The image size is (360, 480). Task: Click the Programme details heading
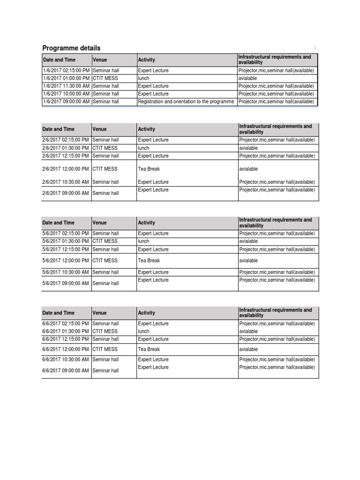click(71, 48)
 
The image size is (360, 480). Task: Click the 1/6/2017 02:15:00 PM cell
click(66, 71)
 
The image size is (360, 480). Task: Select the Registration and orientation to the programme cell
click(186, 102)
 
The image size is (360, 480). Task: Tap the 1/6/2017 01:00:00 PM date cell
click(66, 78)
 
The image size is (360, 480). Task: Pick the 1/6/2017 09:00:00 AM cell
click(66, 102)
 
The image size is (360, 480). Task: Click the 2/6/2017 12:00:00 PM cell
click(66, 169)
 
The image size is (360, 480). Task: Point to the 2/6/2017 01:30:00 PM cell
click(66, 148)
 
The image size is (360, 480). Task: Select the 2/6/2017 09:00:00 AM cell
click(66, 193)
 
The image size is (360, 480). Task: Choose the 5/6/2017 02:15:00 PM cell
click(66, 233)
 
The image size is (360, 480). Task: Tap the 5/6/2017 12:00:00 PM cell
click(66, 261)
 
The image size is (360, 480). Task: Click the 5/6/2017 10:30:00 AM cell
click(66, 272)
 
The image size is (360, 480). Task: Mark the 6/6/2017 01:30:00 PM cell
click(66, 331)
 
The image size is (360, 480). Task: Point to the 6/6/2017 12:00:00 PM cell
click(66, 349)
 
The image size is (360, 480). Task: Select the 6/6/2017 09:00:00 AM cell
click(66, 371)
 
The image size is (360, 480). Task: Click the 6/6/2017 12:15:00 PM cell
click(66, 339)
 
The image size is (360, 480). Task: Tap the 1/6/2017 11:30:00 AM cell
click(66, 86)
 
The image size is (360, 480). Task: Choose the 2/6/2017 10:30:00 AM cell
click(66, 182)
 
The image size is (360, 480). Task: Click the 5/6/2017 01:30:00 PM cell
click(66, 241)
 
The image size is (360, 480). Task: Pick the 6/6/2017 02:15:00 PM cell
click(66, 324)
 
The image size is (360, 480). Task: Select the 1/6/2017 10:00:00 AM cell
click(66, 94)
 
